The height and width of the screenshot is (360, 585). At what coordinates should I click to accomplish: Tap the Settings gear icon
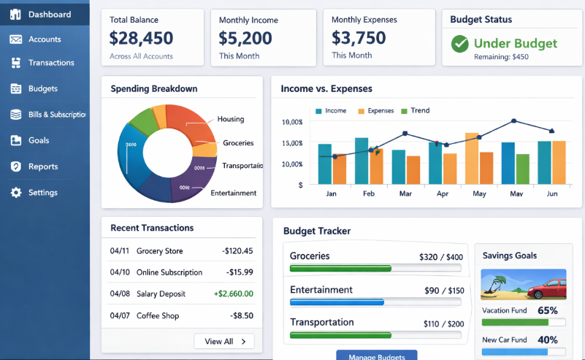[15, 193]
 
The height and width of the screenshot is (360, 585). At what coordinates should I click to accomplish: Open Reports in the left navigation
[42, 166]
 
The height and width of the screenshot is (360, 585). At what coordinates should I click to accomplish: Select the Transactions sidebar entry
[50, 63]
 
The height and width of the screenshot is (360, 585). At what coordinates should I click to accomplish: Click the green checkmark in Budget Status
[459, 44]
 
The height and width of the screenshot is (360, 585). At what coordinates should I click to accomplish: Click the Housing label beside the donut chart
[231, 119]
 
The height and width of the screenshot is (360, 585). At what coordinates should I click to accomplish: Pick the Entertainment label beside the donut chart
[233, 193]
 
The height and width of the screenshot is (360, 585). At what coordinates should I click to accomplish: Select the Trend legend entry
[420, 111]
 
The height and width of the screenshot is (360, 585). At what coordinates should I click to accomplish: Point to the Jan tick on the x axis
[332, 194]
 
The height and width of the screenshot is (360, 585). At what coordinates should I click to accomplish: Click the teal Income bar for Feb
[361, 161]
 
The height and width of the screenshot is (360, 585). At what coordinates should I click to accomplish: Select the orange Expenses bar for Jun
[559, 162]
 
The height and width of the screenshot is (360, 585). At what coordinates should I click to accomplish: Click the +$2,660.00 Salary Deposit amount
[233, 294]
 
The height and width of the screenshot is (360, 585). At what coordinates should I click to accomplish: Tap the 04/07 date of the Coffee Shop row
[120, 315]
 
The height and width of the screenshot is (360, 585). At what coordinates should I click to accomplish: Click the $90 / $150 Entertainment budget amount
[443, 291]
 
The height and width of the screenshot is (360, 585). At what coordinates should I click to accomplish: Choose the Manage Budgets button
[376, 356]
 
